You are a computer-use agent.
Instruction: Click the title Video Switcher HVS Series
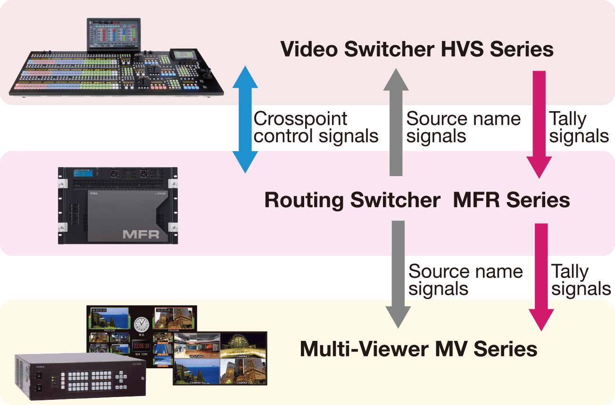416,49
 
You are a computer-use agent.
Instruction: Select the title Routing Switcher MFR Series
416,200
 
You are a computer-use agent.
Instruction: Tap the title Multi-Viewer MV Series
418,349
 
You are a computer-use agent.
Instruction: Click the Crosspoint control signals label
315,127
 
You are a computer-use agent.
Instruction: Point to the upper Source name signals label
463,127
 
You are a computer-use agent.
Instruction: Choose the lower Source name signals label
465,280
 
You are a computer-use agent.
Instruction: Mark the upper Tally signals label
579,127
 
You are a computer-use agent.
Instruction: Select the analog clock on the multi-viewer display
141,324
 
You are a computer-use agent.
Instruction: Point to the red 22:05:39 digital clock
141,346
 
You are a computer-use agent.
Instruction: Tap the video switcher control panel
118,73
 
